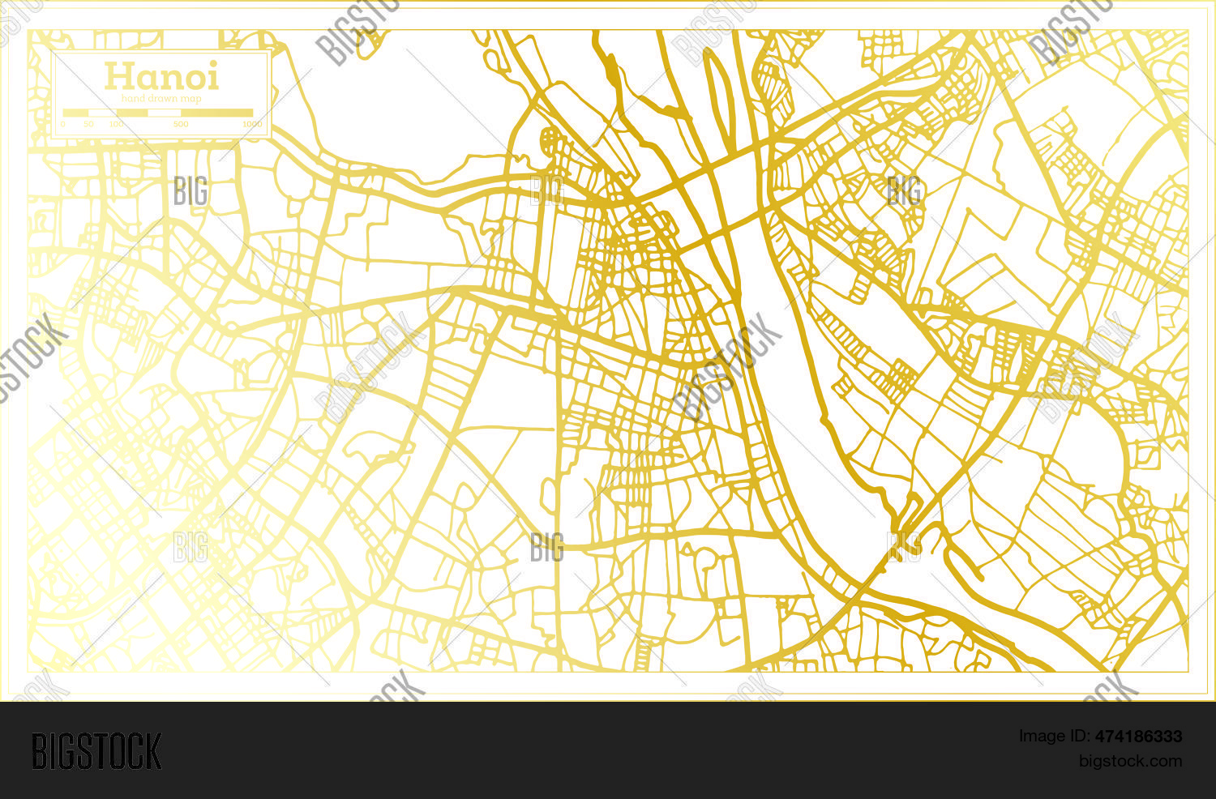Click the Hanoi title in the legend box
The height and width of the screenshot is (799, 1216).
[x=161, y=77]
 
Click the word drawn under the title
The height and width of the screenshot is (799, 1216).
[x=161, y=99]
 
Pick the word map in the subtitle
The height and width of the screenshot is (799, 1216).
[x=191, y=99]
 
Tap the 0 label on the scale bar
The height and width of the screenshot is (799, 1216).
[x=63, y=124]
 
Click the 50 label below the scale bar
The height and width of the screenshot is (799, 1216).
[x=88, y=124]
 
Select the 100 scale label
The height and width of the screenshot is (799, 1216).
[x=117, y=124]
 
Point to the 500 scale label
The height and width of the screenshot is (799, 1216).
[x=180, y=124]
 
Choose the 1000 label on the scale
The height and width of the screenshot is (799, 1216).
[x=252, y=124]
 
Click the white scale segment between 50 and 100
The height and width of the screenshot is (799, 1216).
[x=102, y=113]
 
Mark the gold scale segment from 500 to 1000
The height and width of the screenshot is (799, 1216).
[x=216, y=113]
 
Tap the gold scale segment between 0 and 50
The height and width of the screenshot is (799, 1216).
[x=75, y=113]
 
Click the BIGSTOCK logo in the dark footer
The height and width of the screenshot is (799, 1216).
[x=96, y=750]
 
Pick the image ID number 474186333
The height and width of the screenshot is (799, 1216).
[x=1138, y=737]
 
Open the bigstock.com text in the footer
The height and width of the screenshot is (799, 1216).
[x=1130, y=761]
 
